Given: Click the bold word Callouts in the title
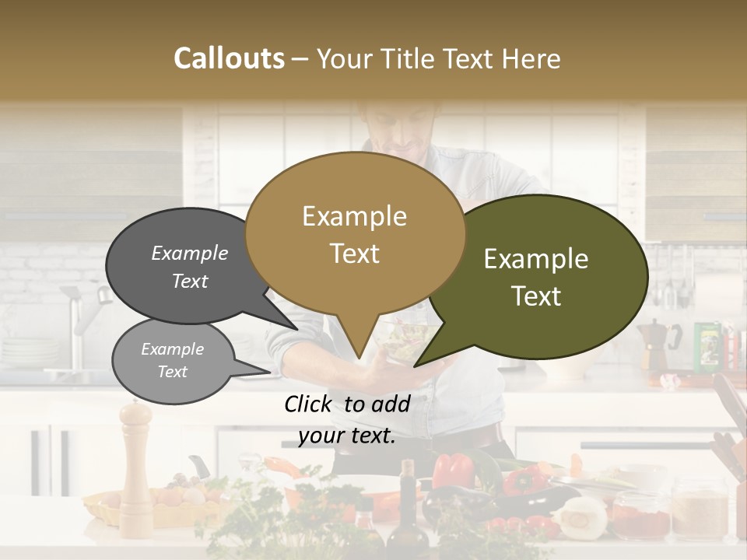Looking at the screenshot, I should click(x=229, y=58).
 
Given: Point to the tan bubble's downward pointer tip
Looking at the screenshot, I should click(x=358, y=358).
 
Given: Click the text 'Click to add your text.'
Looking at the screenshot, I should click(x=347, y=419).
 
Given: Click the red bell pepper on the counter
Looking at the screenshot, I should click(x=452, y=470).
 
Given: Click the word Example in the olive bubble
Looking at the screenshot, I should click(x=536, y=259).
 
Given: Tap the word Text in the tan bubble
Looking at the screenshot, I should click(x=355, y=254).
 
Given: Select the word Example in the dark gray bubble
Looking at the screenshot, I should click(x=190, y=254).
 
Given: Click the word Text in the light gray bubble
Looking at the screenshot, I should click(x=173, y=372).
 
